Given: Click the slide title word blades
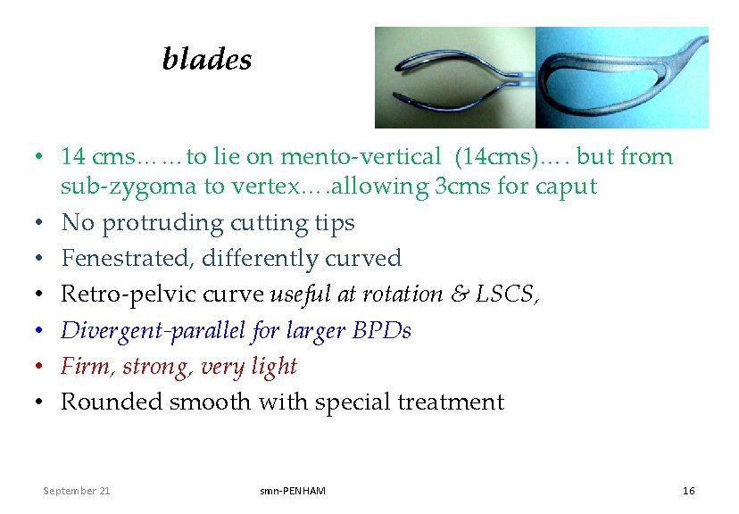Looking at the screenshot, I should (x=207, y=60).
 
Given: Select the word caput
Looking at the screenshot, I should (x=566, y=187).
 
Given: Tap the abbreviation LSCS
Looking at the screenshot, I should (x=510, y=294).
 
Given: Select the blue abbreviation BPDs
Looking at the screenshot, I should (x=382, y=331).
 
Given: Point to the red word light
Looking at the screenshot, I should (x=274, y=367).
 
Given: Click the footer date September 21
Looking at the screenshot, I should (x=78, y=491).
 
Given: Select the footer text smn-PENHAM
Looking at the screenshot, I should (x=293, y=491).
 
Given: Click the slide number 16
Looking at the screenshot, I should (x=688, y=491).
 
